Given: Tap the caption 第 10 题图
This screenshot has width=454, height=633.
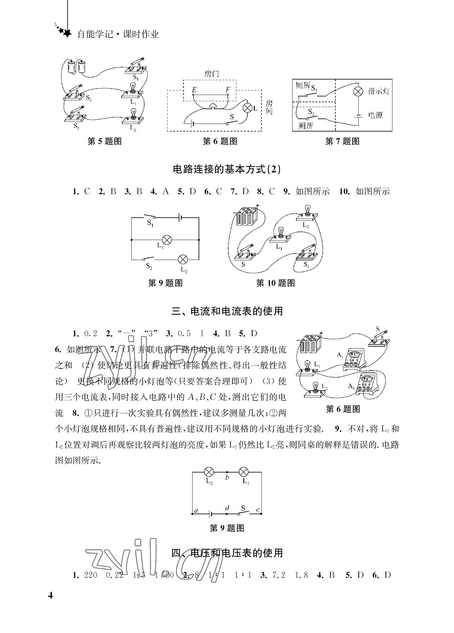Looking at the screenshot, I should (275, 283).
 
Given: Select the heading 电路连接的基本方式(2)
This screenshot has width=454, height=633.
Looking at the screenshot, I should (227, 169).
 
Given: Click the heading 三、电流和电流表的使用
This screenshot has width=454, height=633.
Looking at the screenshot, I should (227, 311).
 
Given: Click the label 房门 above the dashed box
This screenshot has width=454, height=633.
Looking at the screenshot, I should (212, 74).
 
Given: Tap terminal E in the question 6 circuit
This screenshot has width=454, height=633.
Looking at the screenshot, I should (193, 95).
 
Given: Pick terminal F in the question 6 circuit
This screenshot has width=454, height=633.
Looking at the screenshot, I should (228, 95).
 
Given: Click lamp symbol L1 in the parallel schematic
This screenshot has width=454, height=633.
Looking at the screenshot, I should (167, 240).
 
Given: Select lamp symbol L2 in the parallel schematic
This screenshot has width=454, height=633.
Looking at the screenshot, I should (183, 259).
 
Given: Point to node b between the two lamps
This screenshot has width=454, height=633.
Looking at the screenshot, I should (227, 472).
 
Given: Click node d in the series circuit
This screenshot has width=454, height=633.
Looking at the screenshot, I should (227, 513).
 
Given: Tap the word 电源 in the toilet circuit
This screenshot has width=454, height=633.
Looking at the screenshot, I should (376, 115).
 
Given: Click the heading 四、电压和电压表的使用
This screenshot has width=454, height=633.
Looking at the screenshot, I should (227, 553).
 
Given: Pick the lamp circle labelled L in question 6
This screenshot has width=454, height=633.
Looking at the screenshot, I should (248, 108).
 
